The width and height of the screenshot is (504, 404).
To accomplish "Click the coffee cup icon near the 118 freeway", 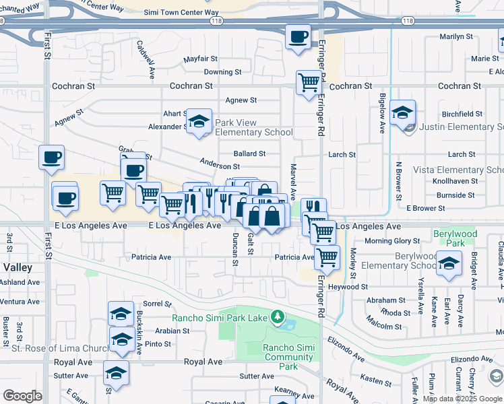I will coord(297,36).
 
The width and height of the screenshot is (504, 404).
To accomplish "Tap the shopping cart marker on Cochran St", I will coord(309,83).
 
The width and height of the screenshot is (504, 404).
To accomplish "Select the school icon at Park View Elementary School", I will coord(199,121).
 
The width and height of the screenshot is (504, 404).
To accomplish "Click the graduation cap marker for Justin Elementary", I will coord(402,112).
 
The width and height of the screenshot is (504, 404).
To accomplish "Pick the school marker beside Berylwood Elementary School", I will coord(449,263).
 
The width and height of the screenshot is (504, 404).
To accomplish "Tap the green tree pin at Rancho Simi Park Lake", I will coord(276,316).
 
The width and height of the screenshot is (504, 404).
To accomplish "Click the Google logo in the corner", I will coord(22,396).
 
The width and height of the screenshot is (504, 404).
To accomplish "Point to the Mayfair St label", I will coord(201,59).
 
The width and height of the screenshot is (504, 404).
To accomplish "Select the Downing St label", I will coord(222,72).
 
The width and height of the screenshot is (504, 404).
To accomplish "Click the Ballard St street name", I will coord(249,154).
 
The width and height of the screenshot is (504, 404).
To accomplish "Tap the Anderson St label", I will coord(220,165).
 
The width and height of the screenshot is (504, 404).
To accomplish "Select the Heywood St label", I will coord(348,287).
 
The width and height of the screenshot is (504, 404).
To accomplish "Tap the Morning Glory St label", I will coord(393,241).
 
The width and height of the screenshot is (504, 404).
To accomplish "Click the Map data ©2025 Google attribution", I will coord(462,399).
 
